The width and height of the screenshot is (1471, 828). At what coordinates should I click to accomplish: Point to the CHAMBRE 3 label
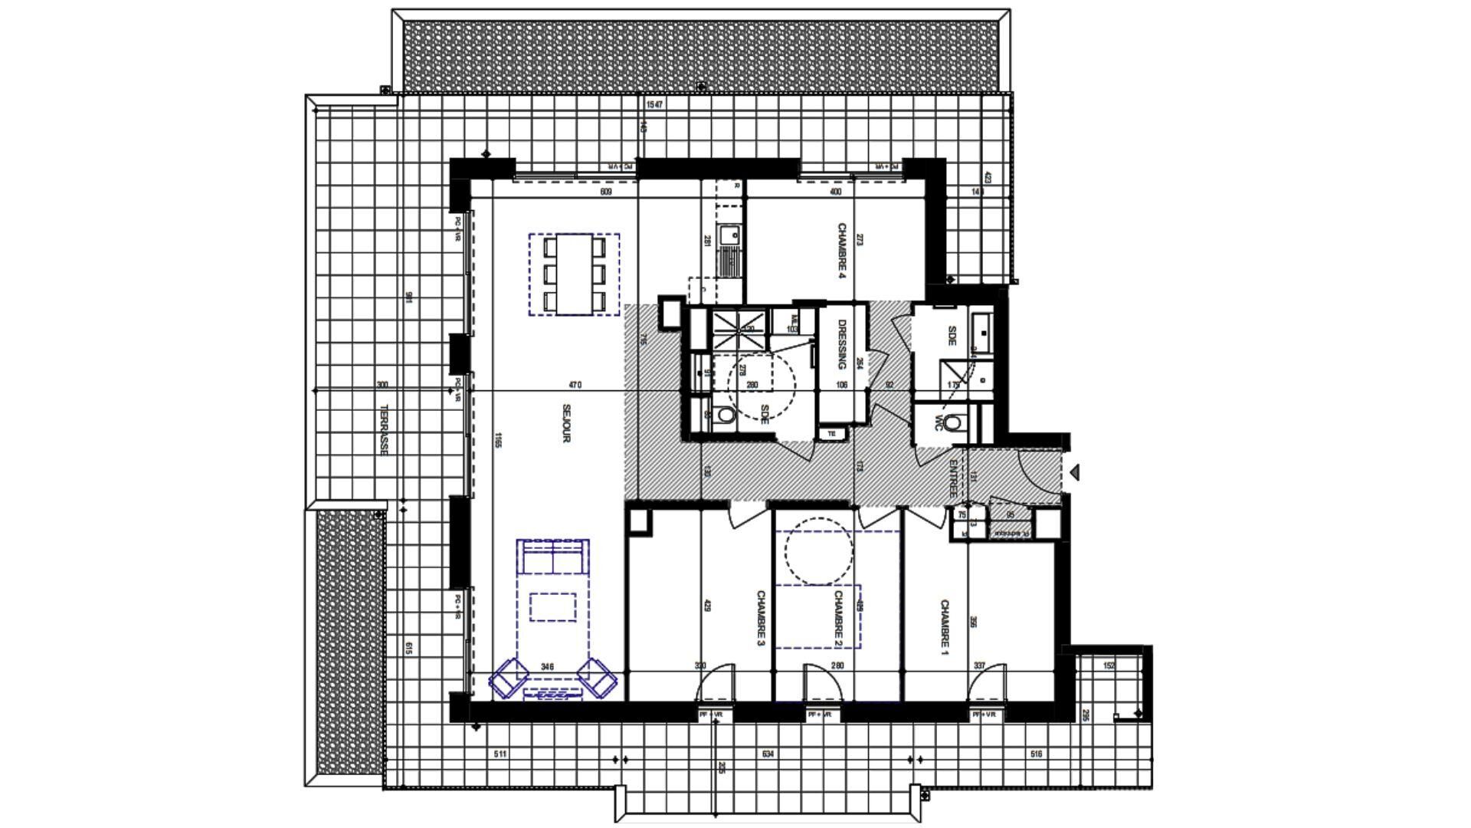(762, 618)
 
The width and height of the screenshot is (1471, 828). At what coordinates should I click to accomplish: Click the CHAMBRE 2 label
(838, 618)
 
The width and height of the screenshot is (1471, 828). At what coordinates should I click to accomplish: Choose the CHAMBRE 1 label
(944, 629)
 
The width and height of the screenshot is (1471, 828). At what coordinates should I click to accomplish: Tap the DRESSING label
(841, 344)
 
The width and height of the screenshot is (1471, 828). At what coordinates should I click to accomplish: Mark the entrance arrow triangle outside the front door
(1074, 472)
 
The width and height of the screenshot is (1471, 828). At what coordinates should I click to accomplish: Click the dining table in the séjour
(574, 274)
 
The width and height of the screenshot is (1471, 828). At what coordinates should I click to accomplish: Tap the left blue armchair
(509, 678)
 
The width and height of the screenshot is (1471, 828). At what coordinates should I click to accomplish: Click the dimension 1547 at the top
(654, 104)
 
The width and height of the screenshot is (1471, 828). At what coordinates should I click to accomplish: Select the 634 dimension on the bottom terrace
(768, 754)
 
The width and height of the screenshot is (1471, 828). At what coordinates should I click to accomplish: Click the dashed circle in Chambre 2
(818, 550)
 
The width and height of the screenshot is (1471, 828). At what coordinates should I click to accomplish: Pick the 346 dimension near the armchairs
(547, 666)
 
